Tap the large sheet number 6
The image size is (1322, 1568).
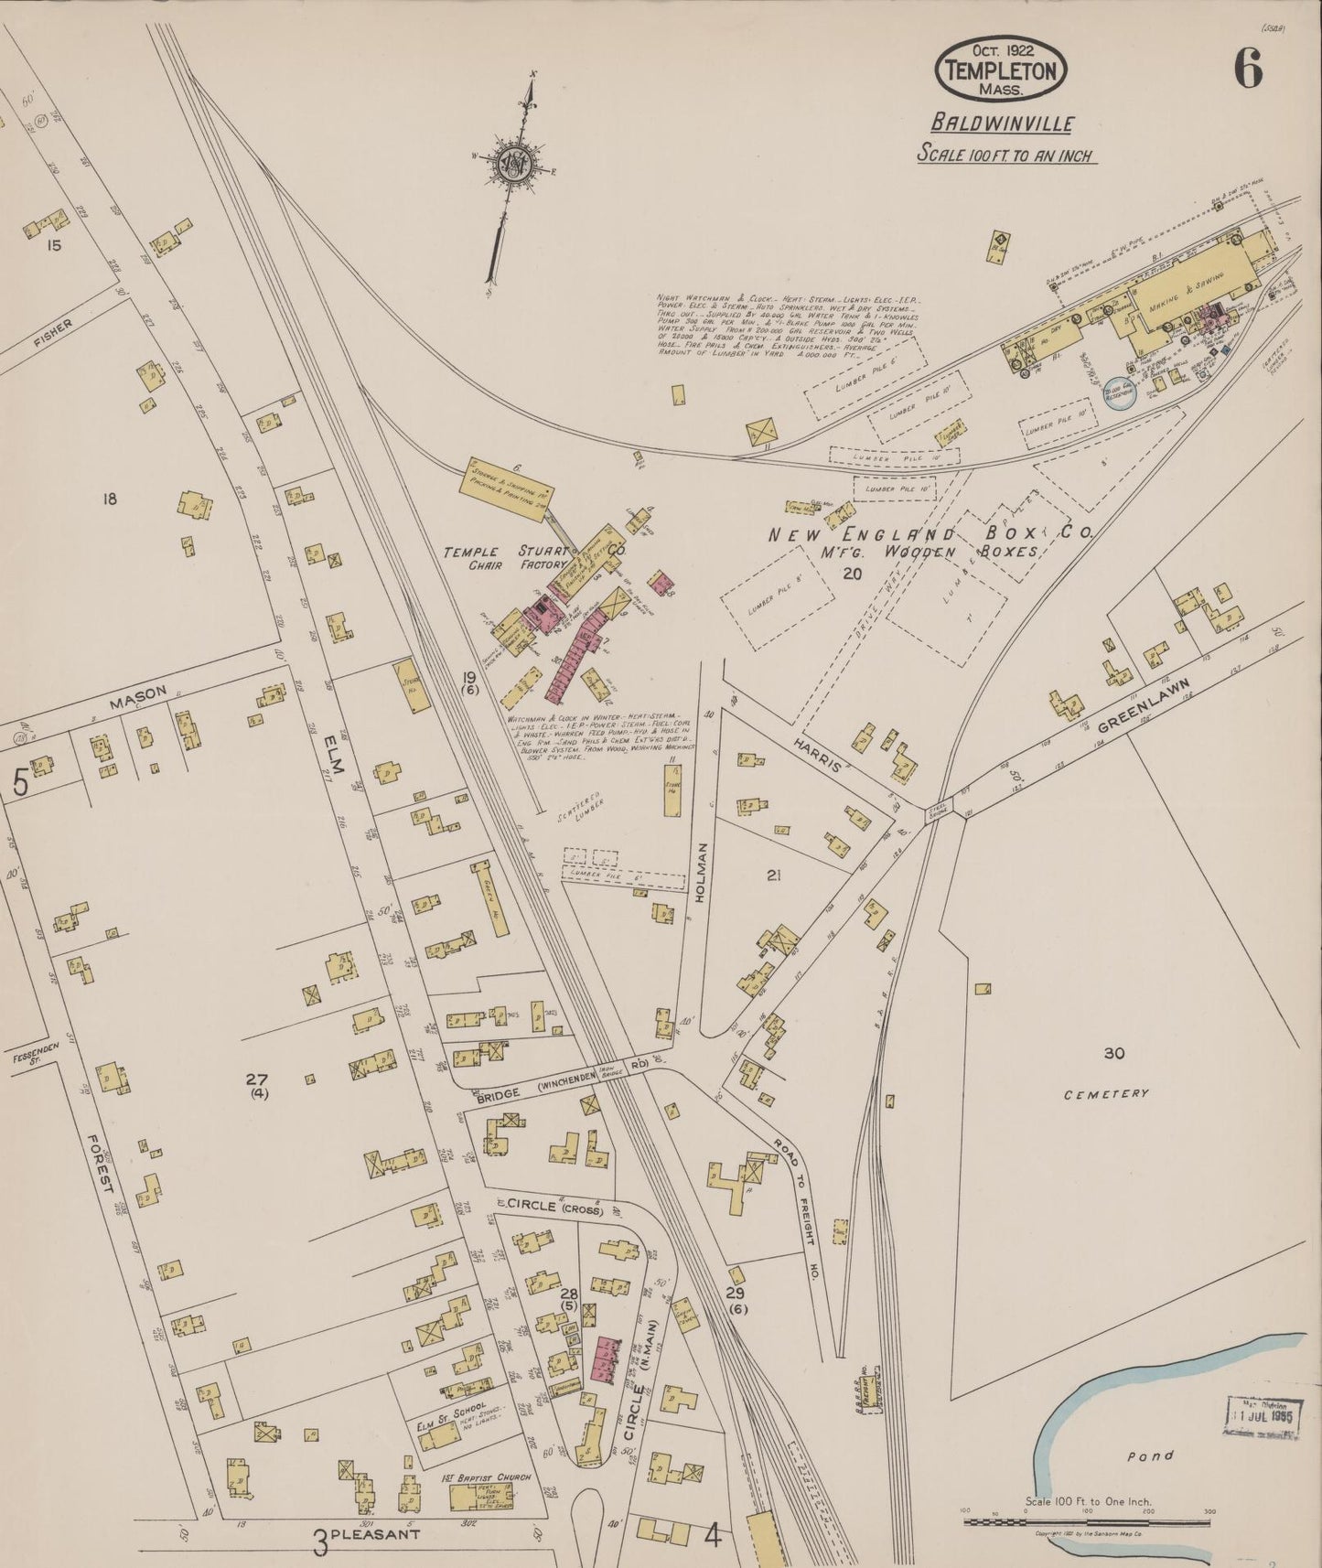pos(1248,68)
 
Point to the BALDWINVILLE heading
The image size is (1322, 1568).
pos(1002,123)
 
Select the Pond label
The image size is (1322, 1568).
pos(1151,1455)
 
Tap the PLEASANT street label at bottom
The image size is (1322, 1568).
pos(375,1534)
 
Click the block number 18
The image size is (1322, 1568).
pos(110,499)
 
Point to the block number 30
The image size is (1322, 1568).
pos(1112,1053)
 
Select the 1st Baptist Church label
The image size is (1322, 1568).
pos(478,1477)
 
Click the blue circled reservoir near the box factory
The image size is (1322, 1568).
pos(1118,393)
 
